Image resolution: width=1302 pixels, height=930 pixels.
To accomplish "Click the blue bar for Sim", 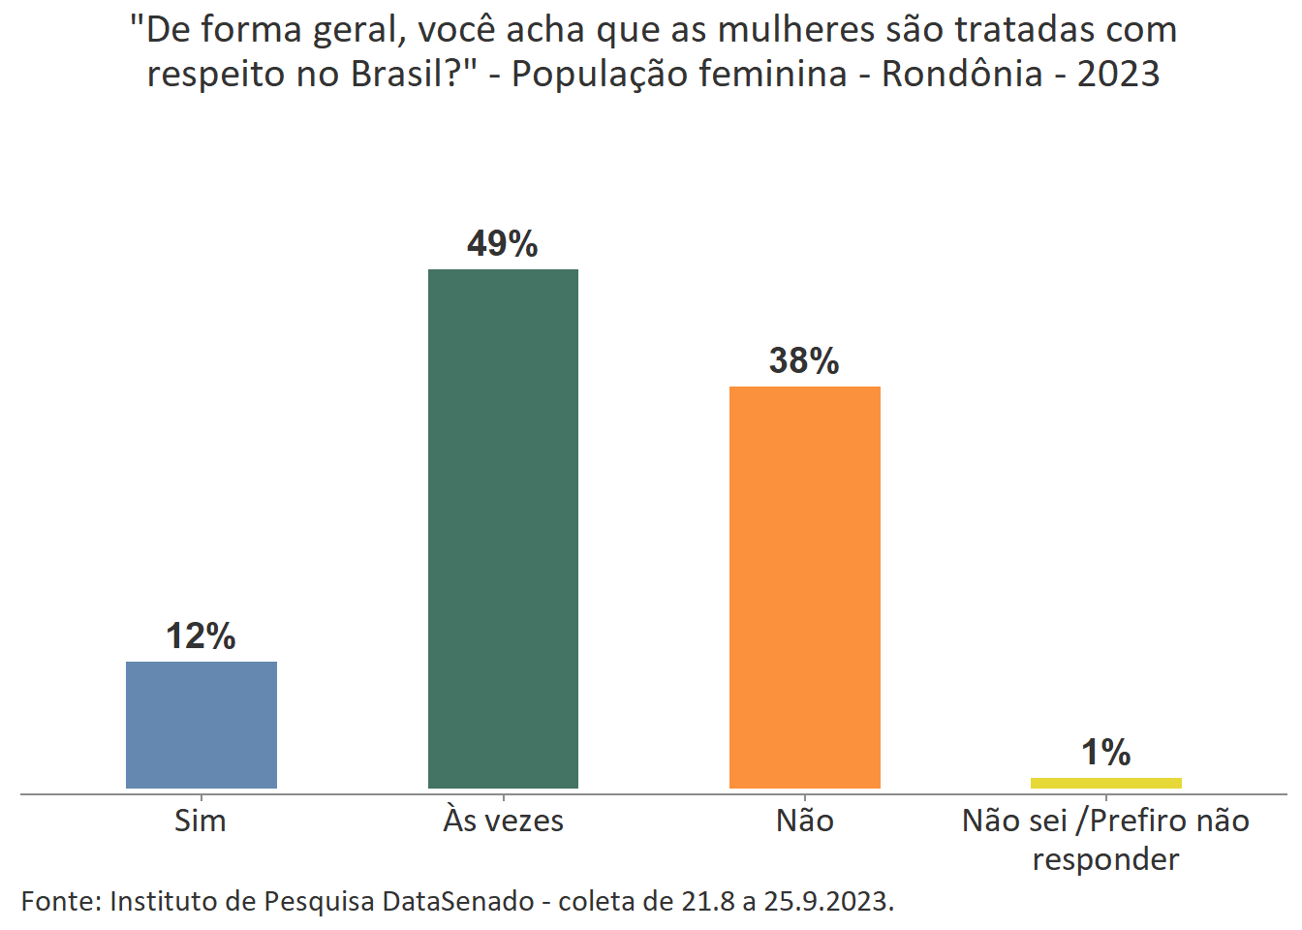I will (201, 725).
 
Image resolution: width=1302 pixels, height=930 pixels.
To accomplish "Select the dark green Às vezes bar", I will (503, 528).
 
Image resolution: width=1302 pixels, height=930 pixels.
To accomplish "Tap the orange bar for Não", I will (804, 587).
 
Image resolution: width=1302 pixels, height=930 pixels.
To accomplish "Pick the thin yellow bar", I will (1105, 783).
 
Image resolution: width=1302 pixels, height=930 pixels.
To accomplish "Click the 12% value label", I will (201, 636).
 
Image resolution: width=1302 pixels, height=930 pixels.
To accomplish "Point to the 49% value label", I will (502, 243).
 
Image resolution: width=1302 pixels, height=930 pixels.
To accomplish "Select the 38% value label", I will (804, 360).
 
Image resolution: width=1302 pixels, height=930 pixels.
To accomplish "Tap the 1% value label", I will (1105, 752).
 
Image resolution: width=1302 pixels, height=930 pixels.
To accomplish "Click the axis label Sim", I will (201, 821).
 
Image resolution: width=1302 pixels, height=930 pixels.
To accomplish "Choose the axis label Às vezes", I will (503, 821).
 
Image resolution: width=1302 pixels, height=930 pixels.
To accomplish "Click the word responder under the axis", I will (1105, 859).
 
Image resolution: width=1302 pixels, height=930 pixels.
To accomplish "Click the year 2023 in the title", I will (1118, 74).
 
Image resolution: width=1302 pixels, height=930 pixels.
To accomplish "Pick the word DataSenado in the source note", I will (457, 901).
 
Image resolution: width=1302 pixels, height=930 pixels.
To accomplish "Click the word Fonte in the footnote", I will (59, 901).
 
